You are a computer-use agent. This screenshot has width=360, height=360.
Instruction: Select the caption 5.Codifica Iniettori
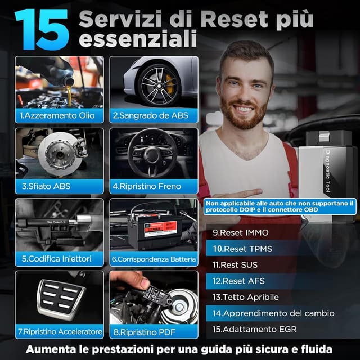56,259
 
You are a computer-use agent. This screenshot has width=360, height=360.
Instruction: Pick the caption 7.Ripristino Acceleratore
60,331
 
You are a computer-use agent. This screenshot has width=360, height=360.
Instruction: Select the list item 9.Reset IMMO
241,232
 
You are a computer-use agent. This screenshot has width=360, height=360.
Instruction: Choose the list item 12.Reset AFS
238,280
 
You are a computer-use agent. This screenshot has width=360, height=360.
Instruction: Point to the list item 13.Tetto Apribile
245,296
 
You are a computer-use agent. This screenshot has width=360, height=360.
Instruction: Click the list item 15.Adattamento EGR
254,329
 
